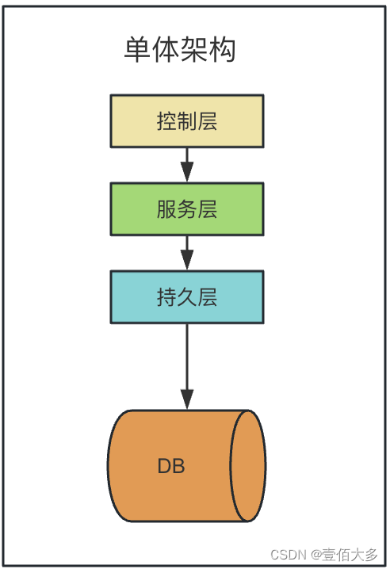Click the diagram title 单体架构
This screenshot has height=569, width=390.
point(180,50)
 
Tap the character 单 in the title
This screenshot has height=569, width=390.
point(137,50)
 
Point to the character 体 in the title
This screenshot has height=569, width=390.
point(166,50)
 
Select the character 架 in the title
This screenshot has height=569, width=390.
point(194,50)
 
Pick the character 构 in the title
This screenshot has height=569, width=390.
point(223,50)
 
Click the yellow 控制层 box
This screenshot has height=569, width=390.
point(187,121)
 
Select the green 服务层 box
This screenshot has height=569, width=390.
point(187,209)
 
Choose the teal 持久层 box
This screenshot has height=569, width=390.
point(187,297)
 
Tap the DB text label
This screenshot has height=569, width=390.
point(171,466)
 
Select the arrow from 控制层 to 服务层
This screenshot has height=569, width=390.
point(187,164)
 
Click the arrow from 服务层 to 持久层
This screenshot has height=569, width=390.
point(187,252)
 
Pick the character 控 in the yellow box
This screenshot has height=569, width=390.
point(166,121)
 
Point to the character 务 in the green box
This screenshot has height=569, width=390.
point(187,209)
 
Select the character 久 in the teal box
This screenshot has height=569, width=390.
point(187,297)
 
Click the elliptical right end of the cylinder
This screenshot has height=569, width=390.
point(247,466)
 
